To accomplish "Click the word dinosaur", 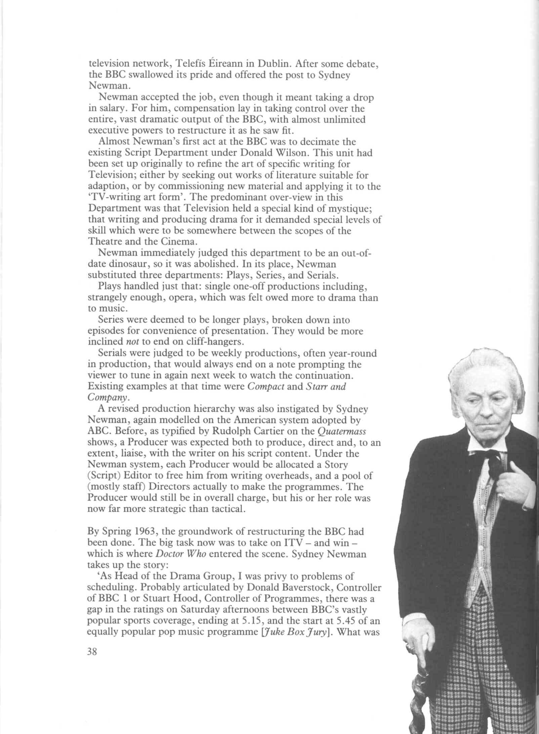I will (x=134, y=264).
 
